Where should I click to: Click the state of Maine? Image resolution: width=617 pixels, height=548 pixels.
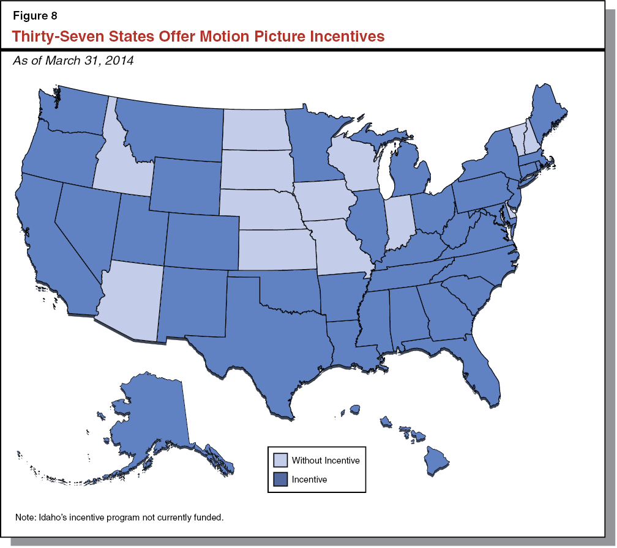click(545, 116)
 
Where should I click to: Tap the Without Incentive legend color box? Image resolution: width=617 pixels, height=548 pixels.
click(279, 459)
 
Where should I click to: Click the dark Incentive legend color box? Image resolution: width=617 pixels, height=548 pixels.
click(279, 480)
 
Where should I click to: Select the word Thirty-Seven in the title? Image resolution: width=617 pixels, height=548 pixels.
click(49, 37)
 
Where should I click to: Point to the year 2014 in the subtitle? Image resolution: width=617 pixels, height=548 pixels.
click(120, 61)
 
